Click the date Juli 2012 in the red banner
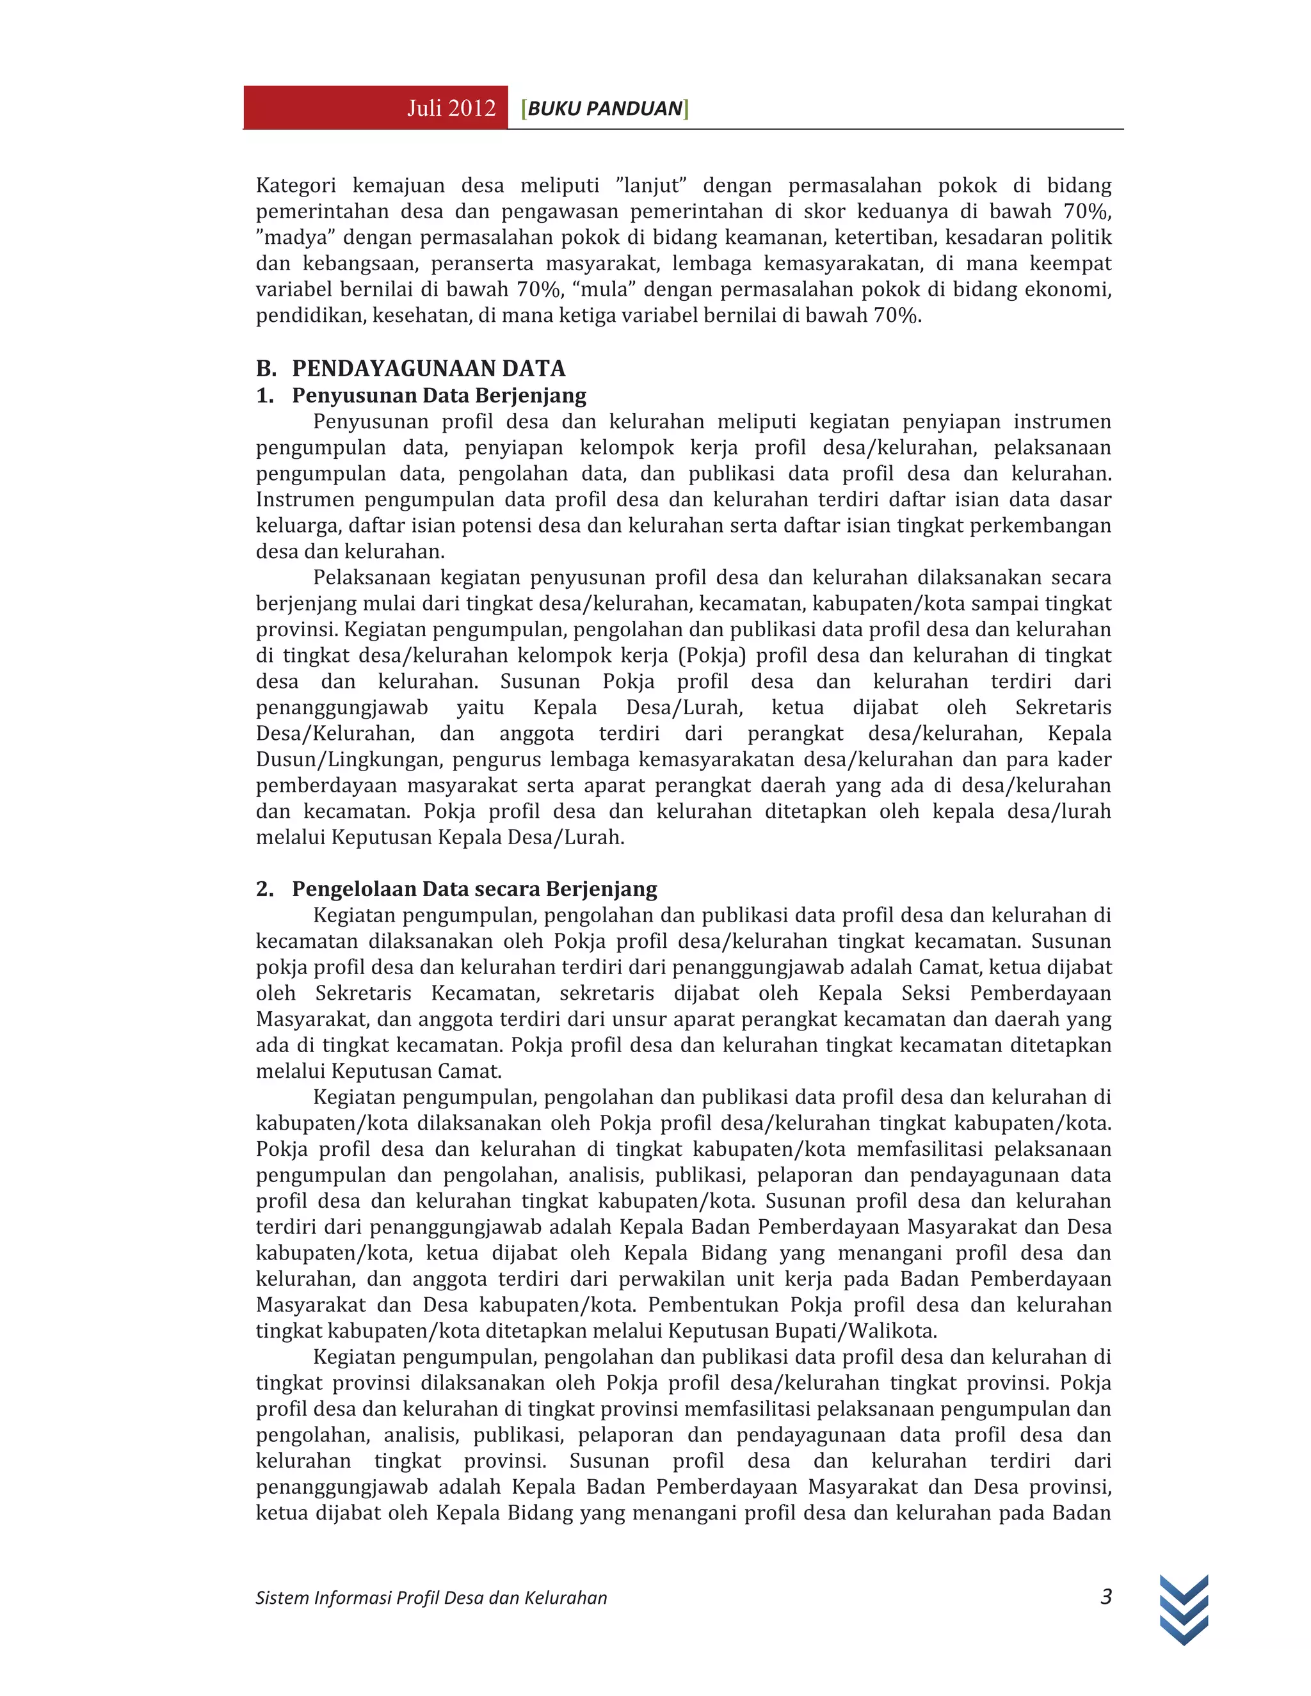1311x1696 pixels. click(451, 108)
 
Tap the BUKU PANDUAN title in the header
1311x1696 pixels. click(605, 108)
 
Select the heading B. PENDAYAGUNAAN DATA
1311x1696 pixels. click(411, 368)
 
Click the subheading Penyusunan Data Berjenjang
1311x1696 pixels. click(438, 396)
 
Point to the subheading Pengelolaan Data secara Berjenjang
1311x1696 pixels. click(474, 888)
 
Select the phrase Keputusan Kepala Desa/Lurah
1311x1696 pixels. click(478, 837)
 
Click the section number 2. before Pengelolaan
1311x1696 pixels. click(265, 888)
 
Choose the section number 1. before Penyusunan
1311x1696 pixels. click(265, 396)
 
